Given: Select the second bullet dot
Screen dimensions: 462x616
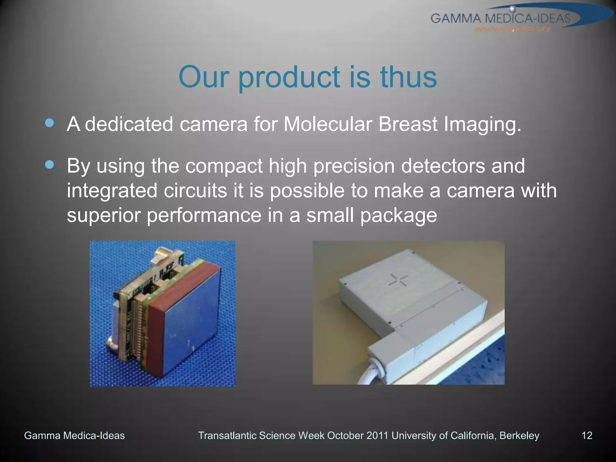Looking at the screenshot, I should coord(49,165).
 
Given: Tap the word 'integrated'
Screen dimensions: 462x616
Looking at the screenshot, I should coord(112,191).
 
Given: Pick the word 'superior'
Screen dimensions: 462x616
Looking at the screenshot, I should coord(103,215).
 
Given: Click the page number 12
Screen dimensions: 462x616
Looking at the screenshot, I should coord(587,436).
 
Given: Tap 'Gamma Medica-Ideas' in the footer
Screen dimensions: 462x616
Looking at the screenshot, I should coord(74,436).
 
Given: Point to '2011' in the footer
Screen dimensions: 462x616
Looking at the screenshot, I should coord(378,436).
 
